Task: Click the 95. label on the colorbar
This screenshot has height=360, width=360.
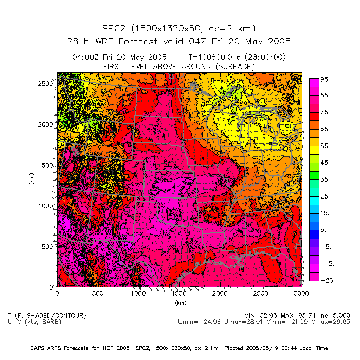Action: coord(325,80)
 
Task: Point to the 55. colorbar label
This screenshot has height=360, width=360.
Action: coord(325,146)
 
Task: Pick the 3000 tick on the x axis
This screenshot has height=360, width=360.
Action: coord(301,293)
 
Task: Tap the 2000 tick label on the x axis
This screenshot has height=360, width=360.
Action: coord(220,293)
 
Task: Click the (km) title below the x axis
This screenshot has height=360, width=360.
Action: coord(179,303)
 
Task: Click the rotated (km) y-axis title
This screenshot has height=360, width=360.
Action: coord(32,179)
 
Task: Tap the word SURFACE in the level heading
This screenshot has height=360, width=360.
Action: coord(235,67)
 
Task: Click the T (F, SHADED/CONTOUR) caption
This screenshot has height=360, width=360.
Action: coord(47,315)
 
